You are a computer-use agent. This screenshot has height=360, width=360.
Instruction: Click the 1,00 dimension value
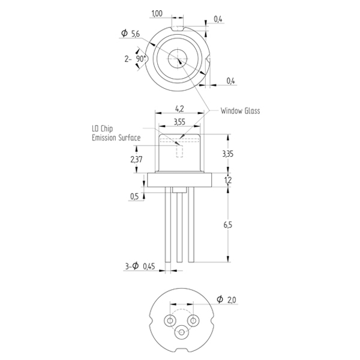(157, 14)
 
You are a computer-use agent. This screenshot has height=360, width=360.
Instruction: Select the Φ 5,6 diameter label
(130, 34)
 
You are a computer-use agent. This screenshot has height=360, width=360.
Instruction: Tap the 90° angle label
(141, 59)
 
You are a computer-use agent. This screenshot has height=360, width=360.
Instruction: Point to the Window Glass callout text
(240, 111)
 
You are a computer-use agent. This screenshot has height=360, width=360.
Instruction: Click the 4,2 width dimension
(179, 109)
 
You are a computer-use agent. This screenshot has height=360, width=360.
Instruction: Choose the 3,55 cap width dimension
(179, 122)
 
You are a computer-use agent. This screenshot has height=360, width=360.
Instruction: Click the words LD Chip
(103, 128)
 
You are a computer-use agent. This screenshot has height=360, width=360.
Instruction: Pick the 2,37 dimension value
(136, 160)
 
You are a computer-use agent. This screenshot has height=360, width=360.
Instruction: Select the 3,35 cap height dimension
(228, 154)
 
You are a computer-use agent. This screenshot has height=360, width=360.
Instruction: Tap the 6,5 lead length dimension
(228, 225)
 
